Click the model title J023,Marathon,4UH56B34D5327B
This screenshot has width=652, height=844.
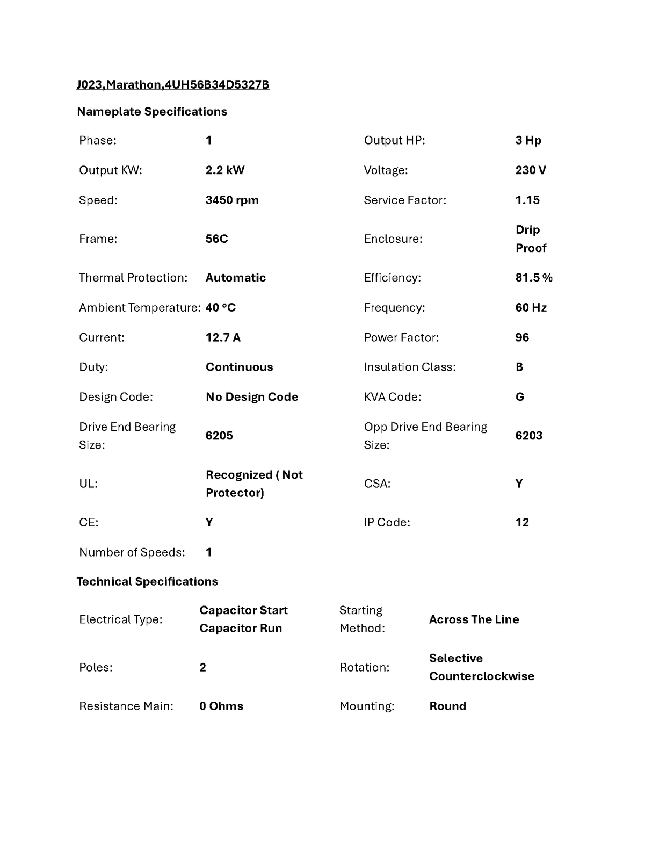pos(172,85)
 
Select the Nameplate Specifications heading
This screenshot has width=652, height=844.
pos(152,112)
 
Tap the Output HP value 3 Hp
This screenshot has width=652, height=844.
pos(528,141)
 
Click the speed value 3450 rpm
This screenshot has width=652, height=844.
pos(232,200)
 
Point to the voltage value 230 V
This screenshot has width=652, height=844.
pos(531,170)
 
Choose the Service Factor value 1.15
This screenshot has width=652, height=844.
pos(527,200)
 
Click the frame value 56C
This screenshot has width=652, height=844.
pos(216,239)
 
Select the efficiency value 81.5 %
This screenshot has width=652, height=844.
pos(534,278)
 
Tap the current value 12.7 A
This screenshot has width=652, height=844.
pos(223,337)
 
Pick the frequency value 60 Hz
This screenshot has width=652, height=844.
pos(531,308)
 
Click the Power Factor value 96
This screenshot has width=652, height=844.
pos(522,337)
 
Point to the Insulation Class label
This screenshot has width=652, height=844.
pos(410,367)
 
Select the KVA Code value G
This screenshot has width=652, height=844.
pos(519,397)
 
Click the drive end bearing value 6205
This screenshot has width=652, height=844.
pos(219,436)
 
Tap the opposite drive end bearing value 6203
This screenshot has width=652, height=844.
pos(528,436)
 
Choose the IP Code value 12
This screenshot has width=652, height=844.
pos(522,523)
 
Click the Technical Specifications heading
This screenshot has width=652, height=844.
pos(147,582)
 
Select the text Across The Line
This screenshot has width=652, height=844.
pos(474,619)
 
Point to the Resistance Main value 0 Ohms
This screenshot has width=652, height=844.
pos(221,706)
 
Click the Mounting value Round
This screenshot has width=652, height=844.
pos(447,706)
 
